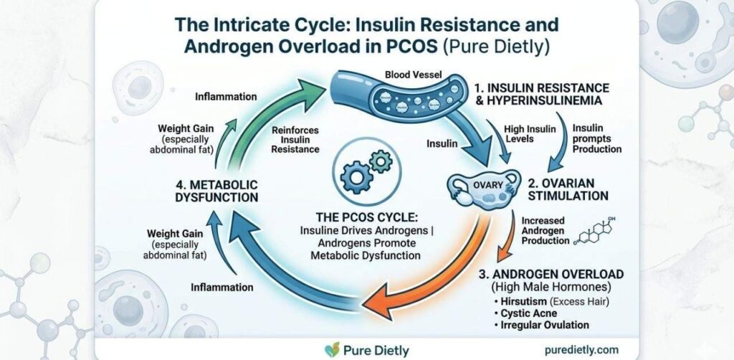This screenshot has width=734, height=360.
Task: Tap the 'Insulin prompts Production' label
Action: coord(596,137)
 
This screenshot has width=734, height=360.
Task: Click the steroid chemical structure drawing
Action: coord(598,232)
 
